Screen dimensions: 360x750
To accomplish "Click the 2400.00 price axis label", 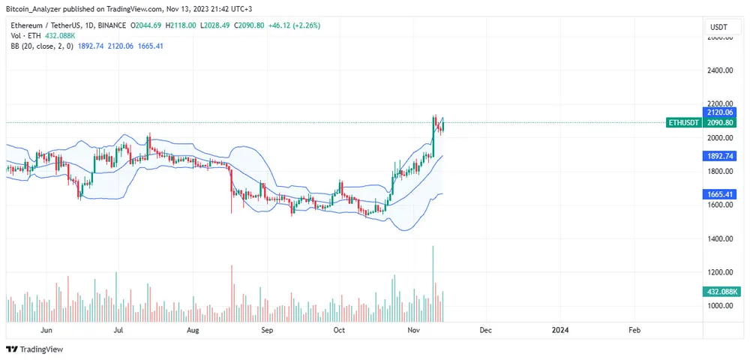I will [x=720, y=70].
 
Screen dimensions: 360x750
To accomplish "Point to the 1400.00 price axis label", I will [x=720, y=238].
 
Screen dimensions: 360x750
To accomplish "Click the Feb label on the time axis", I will [x=634, y=329].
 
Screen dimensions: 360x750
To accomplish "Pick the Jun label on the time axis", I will [x=46, y=329].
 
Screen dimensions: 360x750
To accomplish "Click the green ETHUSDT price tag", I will [x=684, y=123].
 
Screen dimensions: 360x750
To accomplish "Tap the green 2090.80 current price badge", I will [x=720, y=123].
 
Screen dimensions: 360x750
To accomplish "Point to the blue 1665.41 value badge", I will [x=720, y=194].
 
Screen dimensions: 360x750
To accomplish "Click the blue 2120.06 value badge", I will [x=720, y=112].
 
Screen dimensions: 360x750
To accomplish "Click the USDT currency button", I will [x=718, y=27].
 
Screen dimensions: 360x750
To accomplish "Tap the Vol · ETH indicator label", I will [x=25, y=34].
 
